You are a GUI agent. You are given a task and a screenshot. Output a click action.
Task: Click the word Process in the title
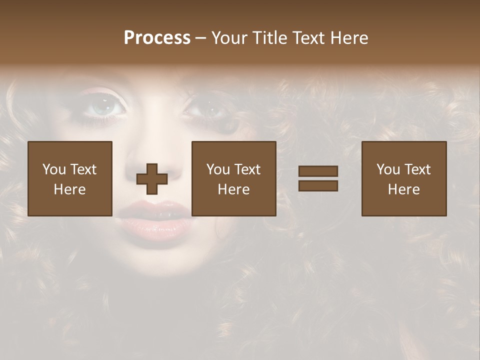point(157,38)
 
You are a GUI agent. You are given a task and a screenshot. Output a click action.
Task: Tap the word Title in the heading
point(270,38)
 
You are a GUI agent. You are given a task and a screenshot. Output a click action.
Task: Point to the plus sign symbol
point(152,179)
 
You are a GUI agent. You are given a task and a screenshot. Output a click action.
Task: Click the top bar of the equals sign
point(318,171)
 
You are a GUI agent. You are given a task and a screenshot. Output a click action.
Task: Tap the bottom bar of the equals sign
point(318,186)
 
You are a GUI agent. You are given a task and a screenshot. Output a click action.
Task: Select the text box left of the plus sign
point(70,178)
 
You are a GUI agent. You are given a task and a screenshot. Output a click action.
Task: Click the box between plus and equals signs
point(234,178)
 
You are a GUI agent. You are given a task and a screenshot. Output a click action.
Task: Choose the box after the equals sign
point(404,178)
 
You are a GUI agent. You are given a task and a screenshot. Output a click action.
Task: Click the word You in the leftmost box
point(54,169)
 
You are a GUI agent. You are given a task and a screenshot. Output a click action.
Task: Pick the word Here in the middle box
point(234,189)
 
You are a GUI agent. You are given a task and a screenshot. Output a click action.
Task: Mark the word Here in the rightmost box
point(404,189)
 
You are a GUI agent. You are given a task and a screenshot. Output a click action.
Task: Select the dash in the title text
point(200,38)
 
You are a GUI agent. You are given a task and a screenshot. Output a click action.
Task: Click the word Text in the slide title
point(308,38)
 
